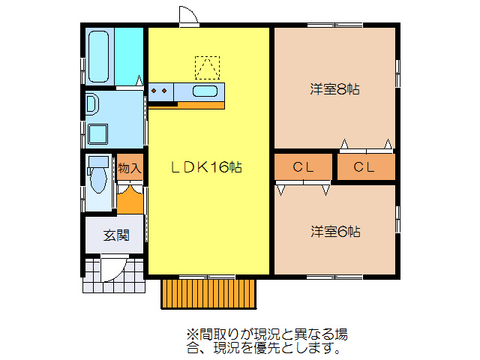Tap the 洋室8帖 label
(x=335, y=89)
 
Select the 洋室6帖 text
(x=335, y=231)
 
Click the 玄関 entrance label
(x=114, y=235)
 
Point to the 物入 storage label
(x=129, y=168)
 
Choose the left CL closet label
(x=302, y=167)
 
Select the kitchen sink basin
(x=205, y=91)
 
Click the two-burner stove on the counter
(x=160, y=91)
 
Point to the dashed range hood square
(x=208, y=67)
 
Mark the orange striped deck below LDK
(x=209, y=292)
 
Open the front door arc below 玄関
(x=112, y=268)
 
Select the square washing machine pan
(x=98, y=134)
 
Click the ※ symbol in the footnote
(x=191, y=333)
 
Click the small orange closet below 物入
(x=130, y=199)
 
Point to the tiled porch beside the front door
(x=91, y=276)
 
